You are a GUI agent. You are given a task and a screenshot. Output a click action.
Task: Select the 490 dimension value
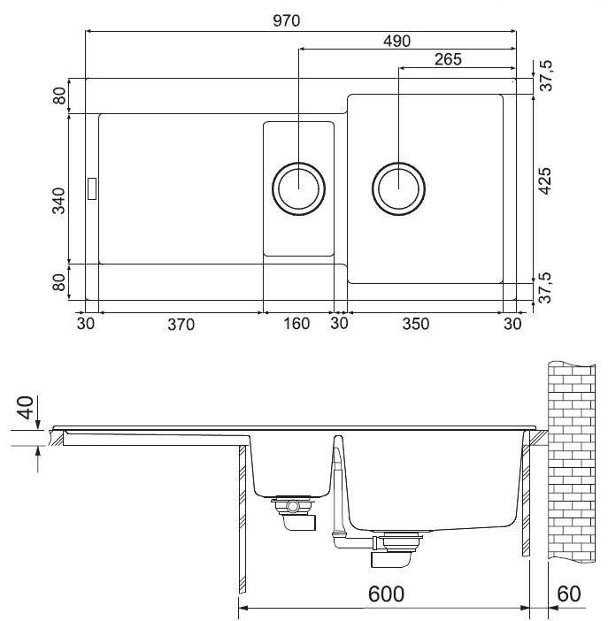tap(397, 41)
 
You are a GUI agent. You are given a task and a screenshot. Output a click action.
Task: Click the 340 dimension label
tap(58, 201)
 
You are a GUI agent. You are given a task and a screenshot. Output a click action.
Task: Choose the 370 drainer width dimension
tap(180, 324)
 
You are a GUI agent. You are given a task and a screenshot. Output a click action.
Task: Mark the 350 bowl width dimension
tap(415, 324)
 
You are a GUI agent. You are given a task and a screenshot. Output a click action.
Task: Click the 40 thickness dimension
tap(27, 409)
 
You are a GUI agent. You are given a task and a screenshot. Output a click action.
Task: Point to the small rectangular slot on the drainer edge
tap(91, 188)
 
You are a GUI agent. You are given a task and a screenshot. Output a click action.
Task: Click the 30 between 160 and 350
tap(340, 324)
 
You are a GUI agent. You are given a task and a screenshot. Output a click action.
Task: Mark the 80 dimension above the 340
tap(58, 96)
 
